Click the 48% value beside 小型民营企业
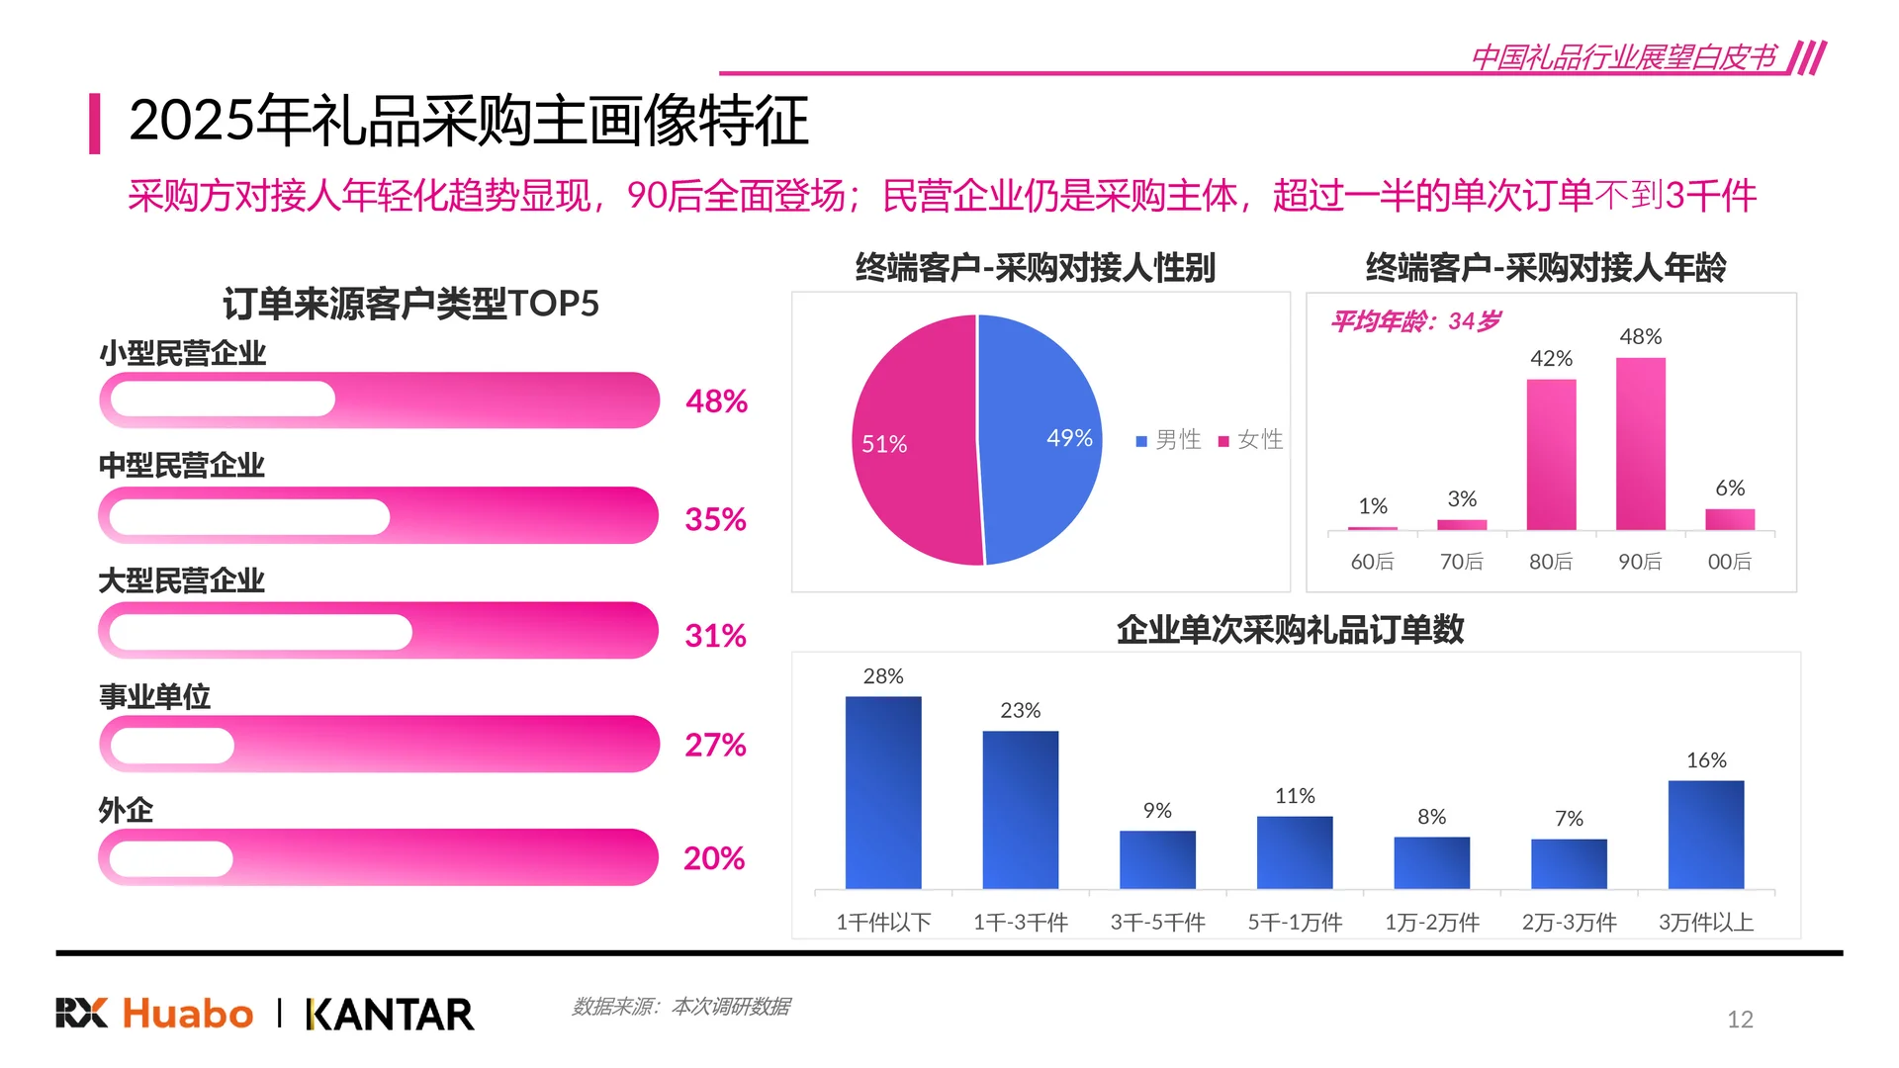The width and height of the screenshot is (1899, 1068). pos(716,401)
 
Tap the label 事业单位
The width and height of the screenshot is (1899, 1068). pos(154,697)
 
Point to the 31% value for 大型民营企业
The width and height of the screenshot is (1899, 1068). pos(715,635)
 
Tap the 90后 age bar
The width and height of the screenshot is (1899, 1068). pos(1640,444)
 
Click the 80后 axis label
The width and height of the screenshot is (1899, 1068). pos(1550,562)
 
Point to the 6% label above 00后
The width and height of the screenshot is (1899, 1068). pos(1729,489)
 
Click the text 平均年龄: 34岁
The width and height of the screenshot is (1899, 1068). pos(1415,321)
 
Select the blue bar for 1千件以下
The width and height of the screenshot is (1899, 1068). pos(882,792)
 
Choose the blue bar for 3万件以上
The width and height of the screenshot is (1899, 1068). pos(1705,835)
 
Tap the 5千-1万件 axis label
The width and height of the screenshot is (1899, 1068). pos(1294,923)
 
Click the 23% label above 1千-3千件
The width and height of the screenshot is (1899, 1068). pos(1020,711)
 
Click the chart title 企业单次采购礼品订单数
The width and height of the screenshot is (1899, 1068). pos(1289,630)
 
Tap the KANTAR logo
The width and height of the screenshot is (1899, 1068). pos(390,1015)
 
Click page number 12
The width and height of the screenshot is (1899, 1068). pos(1739,1020)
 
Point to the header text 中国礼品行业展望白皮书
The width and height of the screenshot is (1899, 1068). pos(1623,57)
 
